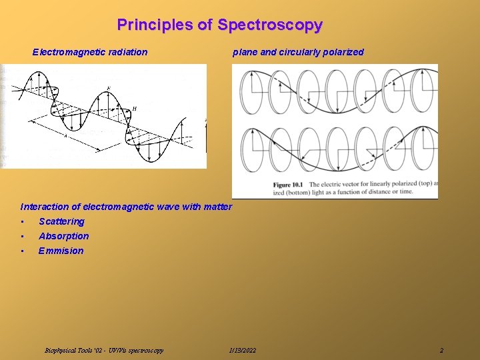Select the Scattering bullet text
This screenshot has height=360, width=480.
(x=61, y=221)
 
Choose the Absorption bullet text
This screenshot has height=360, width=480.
(x=63, y=236)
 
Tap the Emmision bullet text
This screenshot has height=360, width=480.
(x=61, y=251)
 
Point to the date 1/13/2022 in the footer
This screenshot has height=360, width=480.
(x=242, y=350)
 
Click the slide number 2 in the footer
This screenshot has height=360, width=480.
(x=441, y=350)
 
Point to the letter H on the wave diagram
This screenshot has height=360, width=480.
(x=134, y=109)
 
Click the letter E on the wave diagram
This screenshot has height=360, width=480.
(x=108, y=89)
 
